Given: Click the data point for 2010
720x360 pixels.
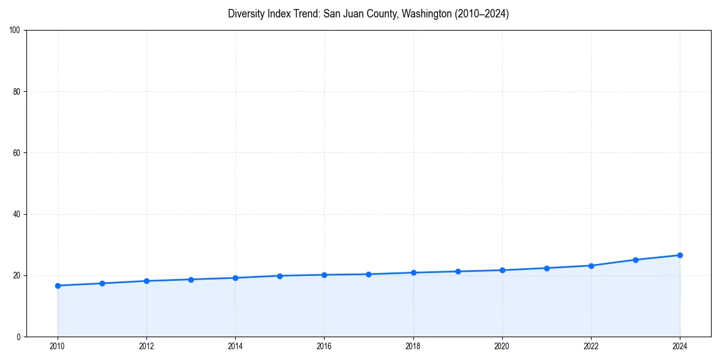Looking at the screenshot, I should click(x=58, y=286).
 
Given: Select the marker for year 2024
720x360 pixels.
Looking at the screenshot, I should click(x=680, y=255).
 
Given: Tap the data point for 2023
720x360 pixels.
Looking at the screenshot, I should click(x=635, y=260).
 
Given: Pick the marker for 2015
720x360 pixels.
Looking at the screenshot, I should click(x=280, y=276).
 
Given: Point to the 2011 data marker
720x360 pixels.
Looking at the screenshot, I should click(x=102, y=283).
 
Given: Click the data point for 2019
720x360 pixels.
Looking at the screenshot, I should click(x=458, y=271).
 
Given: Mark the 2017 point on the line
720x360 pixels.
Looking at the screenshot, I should click(x=368, y=274).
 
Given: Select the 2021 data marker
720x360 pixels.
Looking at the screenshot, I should click(x=547, y=268).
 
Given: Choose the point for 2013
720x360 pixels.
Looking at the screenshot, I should click(x=191, y=280).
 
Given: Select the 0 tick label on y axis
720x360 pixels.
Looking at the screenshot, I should click(x=19, y=337).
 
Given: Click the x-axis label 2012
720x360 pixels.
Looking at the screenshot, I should click(x=146, y=346).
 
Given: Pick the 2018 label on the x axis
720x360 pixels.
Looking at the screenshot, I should click(x=413, y=346).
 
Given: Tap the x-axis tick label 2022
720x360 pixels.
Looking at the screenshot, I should click(x=591, y=346).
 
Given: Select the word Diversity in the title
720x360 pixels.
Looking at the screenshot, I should click(x=248, y=14).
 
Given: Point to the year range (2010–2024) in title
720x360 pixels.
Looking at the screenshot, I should click(x=481, y=14).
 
